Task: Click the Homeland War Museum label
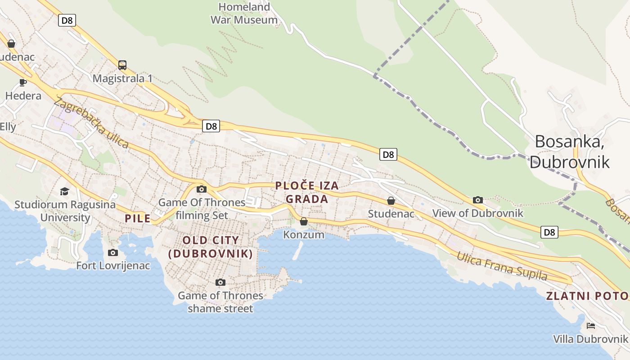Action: coord(244,13)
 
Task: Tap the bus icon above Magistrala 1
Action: coord(122,65)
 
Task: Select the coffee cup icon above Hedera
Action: coord(23,82)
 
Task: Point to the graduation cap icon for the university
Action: coord(65,192)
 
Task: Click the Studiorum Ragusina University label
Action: coord(65,211)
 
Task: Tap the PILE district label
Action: coord(138,219)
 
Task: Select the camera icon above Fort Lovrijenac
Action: coord(113,252)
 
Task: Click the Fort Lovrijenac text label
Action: coord(113,265)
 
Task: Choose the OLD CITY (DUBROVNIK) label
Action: coord(211,247)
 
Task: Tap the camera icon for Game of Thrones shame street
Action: coord(220,282)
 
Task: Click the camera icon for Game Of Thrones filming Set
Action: coord(202,189)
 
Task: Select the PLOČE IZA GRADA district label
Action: coord(307,192)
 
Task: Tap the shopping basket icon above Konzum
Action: coord(304,221)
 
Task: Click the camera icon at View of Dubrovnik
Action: coord(478,200)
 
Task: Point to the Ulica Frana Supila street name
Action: coord(502,266)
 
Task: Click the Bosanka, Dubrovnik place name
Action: coord(570,152)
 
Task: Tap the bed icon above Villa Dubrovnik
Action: coord(590,326)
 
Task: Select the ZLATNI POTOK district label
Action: coord(587,296)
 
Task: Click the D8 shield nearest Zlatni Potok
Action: coord(549,232)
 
